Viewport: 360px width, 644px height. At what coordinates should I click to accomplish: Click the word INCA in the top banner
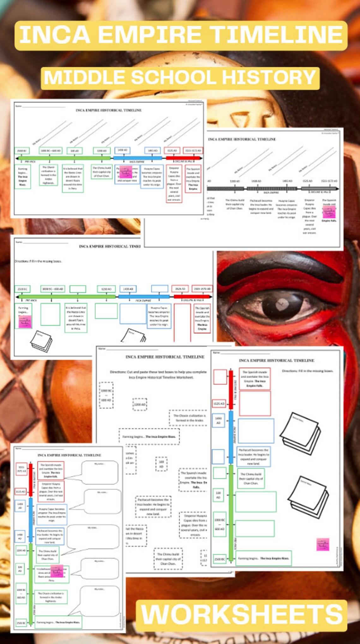[x=55, y=35]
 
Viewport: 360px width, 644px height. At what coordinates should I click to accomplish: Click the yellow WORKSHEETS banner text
[x=242, y=614]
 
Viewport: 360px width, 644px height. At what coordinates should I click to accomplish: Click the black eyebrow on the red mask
[x=278, y=268]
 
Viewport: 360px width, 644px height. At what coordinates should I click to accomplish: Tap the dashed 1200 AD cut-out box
[x=140, y=404]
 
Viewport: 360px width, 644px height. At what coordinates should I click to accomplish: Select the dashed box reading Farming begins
[x=149, y=437]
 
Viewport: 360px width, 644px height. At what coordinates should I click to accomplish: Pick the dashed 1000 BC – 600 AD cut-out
[x=106, y=395]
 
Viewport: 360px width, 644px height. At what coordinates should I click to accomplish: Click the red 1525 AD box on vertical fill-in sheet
[x=219, y=403]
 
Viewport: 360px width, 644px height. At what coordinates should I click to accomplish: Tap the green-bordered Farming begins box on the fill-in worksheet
[x=264, y=558]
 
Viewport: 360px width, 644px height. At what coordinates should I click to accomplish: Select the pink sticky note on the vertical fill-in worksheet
[x=323, y=544]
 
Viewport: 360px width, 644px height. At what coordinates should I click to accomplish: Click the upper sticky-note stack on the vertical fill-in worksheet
[x=300, y=429]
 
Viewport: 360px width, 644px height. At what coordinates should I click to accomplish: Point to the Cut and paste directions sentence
[x=158, y=374]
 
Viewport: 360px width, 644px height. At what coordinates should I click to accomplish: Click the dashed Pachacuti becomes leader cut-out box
[x=153, y=507]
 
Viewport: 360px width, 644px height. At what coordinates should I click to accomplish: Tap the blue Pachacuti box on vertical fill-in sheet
[x=253, y=456]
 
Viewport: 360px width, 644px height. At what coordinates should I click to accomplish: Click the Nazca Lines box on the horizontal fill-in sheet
[x=76, y=318]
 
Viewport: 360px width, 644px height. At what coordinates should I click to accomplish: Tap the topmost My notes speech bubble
[x=99, y=472]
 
